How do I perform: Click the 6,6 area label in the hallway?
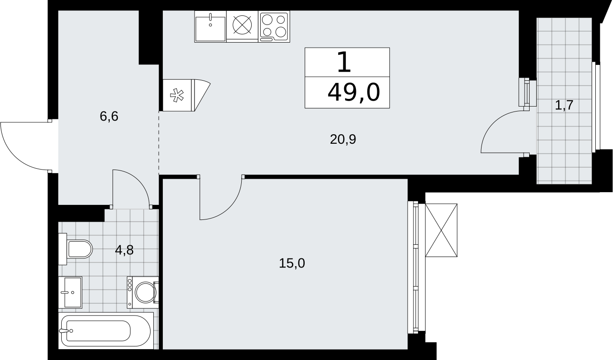coord(109,117)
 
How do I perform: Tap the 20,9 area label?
coord(343,140)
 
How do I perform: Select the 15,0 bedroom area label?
coord(292,263)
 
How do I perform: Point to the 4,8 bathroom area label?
coord(124,250)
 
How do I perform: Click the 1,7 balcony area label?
coord(564,105)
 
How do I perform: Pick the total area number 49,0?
coord(354,92)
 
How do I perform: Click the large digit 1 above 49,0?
coord(344,63)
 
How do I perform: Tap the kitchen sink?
coord(210,27)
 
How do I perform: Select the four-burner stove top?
coord(274,27)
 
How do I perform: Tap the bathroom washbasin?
coord(70,292)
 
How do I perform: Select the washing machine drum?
coord(146,292)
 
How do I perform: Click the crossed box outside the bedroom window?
coord(441,230)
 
